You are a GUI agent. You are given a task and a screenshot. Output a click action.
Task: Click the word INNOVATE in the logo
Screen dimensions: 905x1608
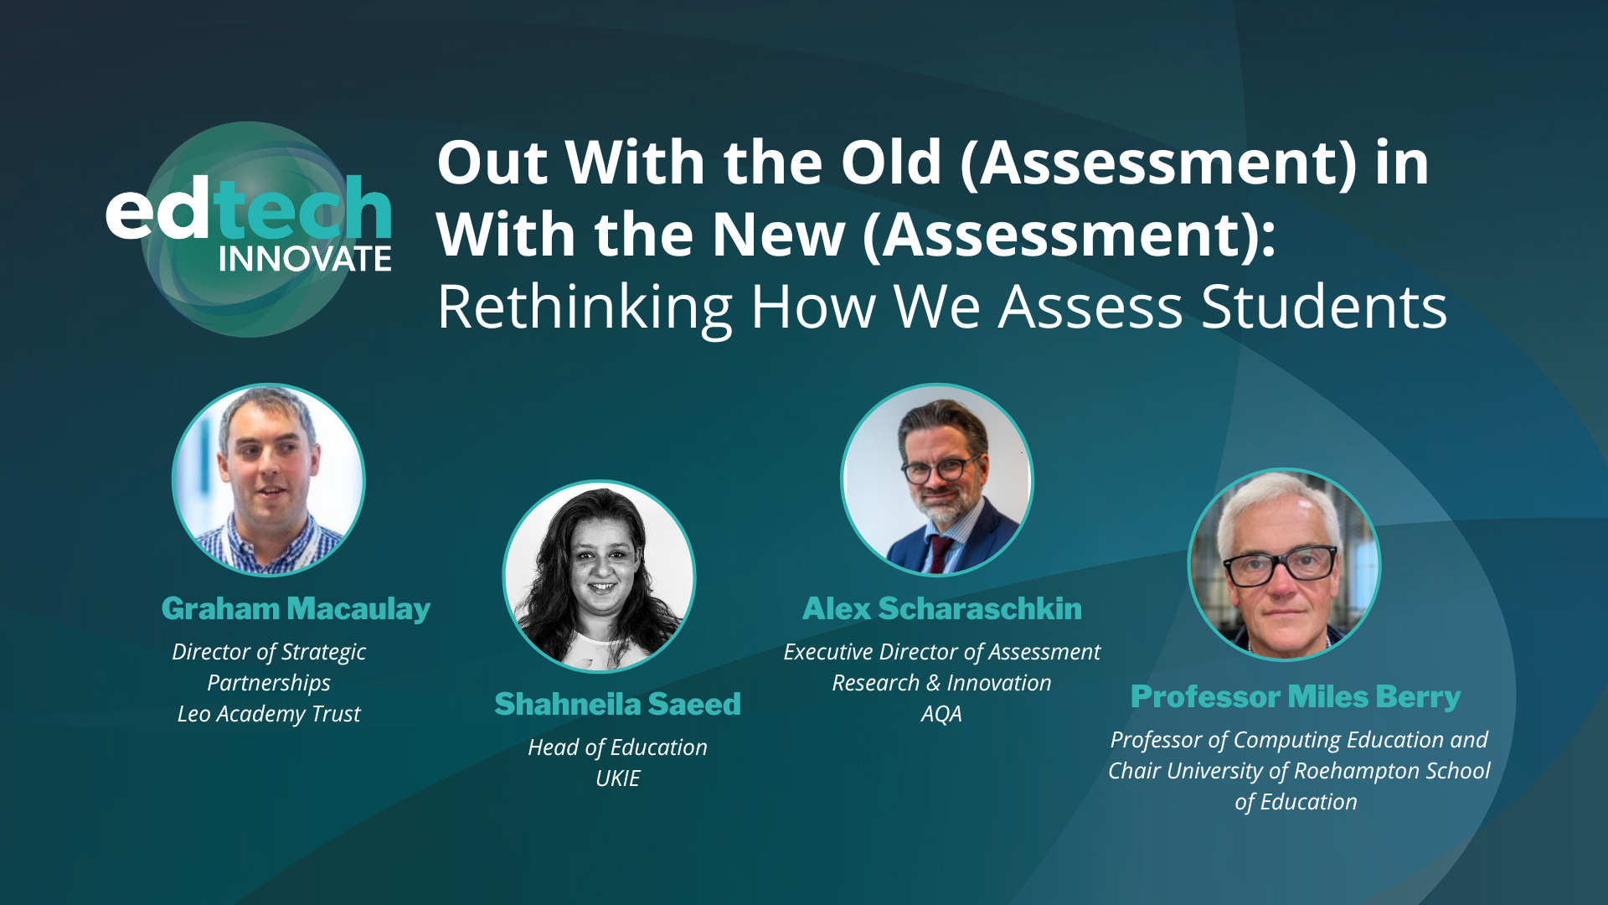305,259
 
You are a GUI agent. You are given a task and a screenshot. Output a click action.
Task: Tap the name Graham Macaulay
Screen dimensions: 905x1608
296,609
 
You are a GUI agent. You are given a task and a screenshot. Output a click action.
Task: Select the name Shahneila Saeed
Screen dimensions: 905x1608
617,705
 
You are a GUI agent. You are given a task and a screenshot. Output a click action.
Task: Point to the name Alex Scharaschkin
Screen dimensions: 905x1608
941,609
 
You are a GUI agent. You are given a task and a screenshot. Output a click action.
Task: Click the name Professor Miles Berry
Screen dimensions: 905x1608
1295,697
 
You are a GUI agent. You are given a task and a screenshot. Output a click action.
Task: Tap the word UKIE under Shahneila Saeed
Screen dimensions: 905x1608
617,778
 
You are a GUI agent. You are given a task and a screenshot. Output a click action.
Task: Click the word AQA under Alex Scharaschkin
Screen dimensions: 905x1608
941,714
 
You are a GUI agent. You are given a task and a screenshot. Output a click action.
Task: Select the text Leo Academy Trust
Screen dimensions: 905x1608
269,714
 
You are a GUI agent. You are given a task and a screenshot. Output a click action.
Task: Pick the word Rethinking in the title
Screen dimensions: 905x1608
585,308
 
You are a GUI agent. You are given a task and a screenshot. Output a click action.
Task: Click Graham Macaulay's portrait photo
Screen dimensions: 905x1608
269,480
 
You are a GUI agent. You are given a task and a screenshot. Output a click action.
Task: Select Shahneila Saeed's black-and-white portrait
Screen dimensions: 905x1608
599,577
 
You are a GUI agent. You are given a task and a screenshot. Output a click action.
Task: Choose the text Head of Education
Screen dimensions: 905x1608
617,747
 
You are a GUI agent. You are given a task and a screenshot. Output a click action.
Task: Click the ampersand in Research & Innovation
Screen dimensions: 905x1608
933,684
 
